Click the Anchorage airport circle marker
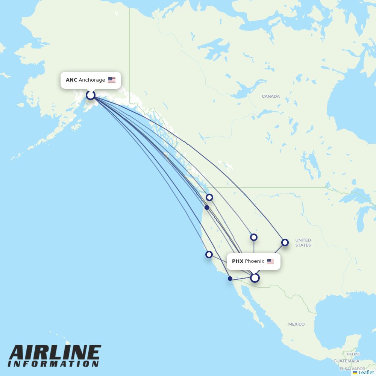[x=90, y=95]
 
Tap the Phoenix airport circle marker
[x=255, y=278]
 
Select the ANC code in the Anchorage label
[x=71, y=80]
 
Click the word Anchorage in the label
[x=92, y=80]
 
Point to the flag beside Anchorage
[x=112, y=80]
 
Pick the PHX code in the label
[x=238, y=261]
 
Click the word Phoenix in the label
[x=255, y=261]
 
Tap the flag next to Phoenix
[x=271, y=261]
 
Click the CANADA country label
[x=271, y=96]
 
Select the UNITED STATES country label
[x=303, y=243]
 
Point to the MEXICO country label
[x=296, y=324]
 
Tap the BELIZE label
[x=353, y=354]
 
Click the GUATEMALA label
[x=346, y=361]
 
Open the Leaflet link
[x=366, y=373]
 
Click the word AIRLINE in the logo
[x=55, y=353]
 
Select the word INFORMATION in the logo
[x=53, y=364]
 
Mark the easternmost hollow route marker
[x=285, y=243]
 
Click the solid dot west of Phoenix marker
[x=230, y=279]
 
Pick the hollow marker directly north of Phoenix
[x=254, y=237]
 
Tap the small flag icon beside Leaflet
[x=355, y=373]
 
